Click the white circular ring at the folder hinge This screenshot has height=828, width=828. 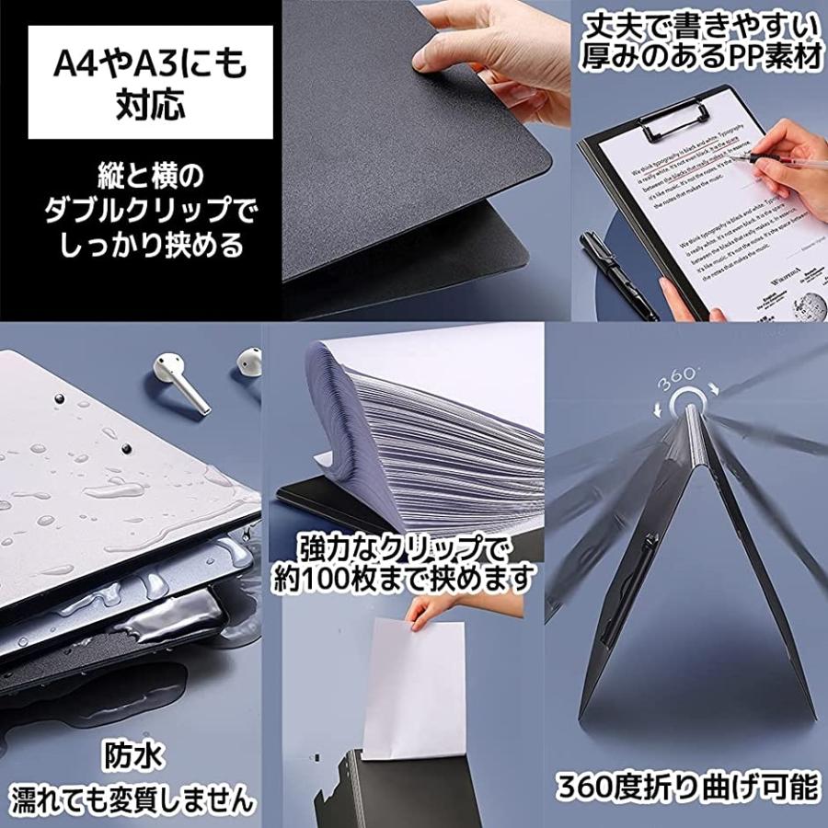[687, 402]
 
